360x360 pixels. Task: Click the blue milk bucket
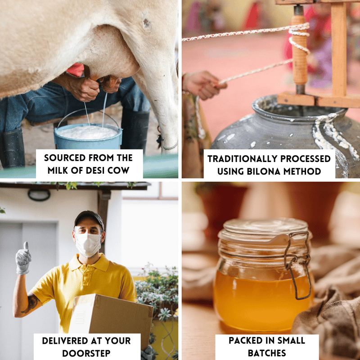(88, 137)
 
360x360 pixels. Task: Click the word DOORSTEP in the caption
(86, 353)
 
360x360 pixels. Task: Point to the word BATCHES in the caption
(267, 353)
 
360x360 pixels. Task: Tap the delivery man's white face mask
(88, 244)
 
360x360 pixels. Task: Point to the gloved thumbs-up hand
(23, 259)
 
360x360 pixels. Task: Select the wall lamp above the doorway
(39, 195)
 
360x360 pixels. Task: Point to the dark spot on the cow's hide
(147, 22)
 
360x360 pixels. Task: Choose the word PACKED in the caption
(245, 340)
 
